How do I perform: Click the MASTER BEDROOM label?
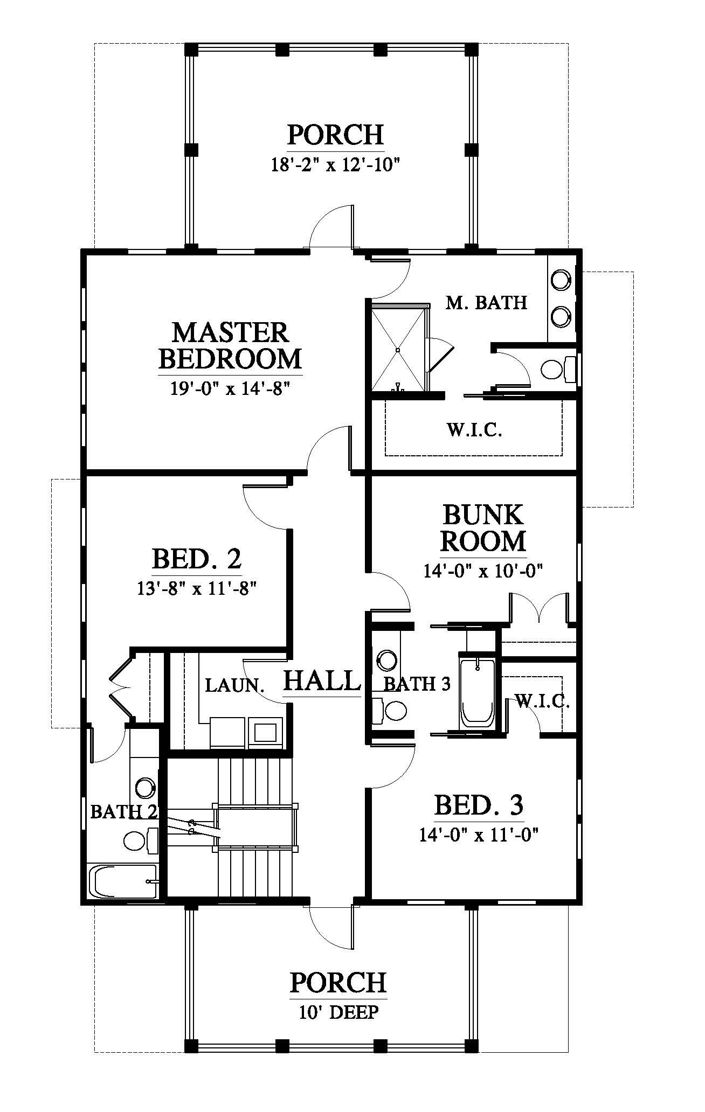pyautogui.click(x=230, y=345)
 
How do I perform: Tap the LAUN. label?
pyautogui.click(x=235, y=686)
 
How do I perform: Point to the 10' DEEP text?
pyautogui.click(x=338, y=1012)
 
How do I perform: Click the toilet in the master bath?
pyautogui.click(x=558, y=370)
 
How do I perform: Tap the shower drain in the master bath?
pyautogui.click(x=398, y=350)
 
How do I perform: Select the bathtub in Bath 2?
pyautogui.click(x=123, y=881)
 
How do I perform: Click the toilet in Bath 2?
pyautogui.click(x=141, y=839)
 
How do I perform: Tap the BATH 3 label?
pyautogui.click(x=416, y=684)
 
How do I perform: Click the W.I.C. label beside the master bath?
pyautogui.click(x=474, y=430)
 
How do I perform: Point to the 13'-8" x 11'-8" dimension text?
pyautogui.click(x=196, y=588)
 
